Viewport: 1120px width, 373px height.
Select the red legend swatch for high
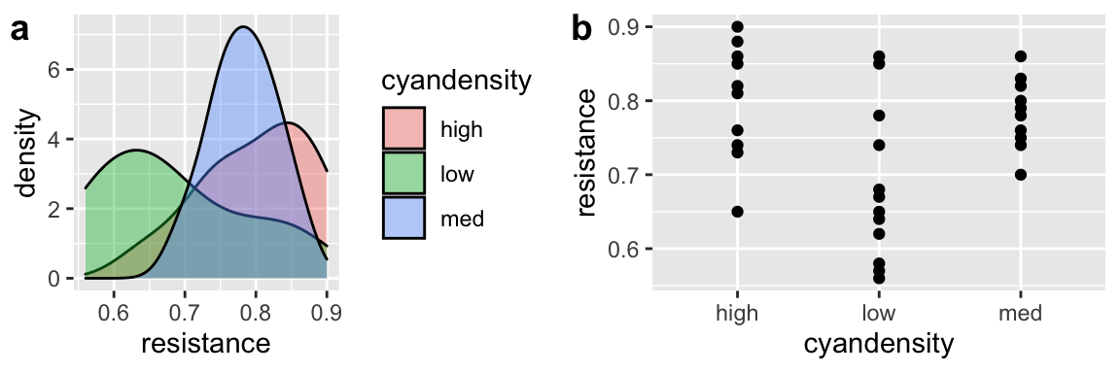(402, 127)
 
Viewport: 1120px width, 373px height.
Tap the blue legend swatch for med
(402, 219)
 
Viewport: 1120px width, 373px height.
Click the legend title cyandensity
(456, 82)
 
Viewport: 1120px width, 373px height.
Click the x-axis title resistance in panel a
(205, 343)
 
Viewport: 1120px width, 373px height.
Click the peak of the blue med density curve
(242, 27)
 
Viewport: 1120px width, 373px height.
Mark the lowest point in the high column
(737, 212)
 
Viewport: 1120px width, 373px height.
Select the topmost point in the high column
(737, 26)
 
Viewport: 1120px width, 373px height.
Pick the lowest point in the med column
(1020, 175)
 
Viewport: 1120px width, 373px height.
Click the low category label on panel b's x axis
(879, 313)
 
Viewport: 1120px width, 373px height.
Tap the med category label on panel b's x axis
(1020, 313)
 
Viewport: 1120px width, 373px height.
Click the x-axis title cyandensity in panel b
(879, 344)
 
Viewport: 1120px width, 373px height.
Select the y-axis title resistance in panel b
(586, 153)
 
